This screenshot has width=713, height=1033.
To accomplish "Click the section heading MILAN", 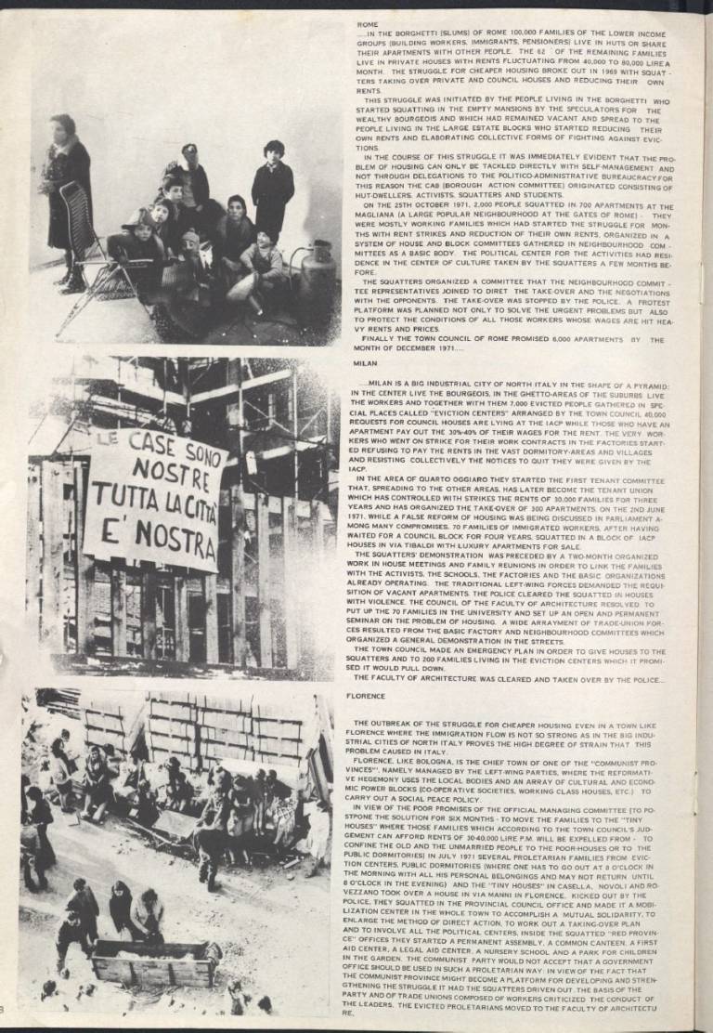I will pyautogui.click(x=367, y=366).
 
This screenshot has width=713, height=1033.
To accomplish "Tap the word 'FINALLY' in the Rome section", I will pyautogui.click(x=381, y=339).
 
